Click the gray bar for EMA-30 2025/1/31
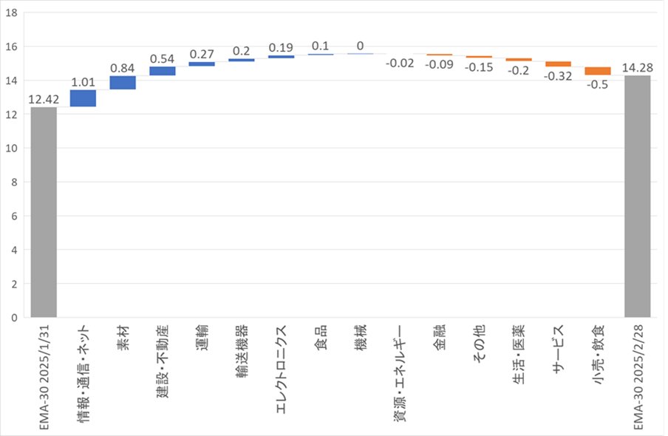44,213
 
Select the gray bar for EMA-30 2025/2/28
637,197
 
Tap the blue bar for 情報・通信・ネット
83,98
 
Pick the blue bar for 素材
123,83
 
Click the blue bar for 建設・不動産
162,71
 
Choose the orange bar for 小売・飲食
597,71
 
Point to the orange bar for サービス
558,64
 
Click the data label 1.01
83,81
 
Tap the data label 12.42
44,99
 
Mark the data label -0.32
558,76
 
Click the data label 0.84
123,68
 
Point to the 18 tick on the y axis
13,13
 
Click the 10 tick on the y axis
13,148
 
